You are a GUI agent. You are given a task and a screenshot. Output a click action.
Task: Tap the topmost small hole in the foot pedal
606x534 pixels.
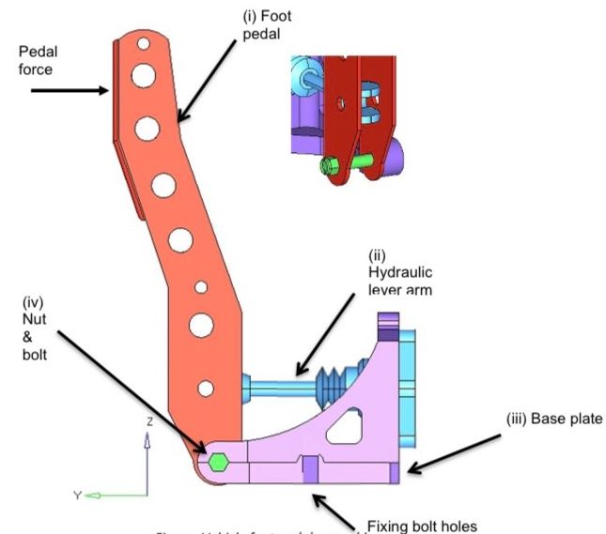coord(141,42)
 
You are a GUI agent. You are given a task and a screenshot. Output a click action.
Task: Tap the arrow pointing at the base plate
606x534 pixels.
coord(460,451)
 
